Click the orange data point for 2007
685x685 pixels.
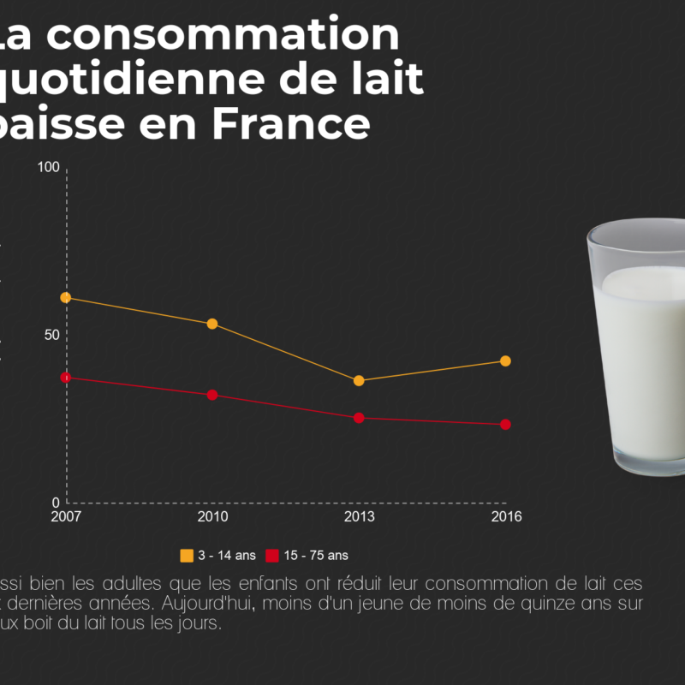pyautogui.click(x=65, y=297)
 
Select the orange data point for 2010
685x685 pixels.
pyautogui.click(x=212, y=324)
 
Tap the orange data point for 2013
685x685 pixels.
pyautogui.click(x=359, y=380)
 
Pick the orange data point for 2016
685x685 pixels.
pyautogui.click(x=505, y=360)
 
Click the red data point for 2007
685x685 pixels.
pyautogui.click(x=65, y=378)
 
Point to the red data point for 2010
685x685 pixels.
pyautogui.click(x=212, y=395)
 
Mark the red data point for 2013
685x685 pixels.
pyautogui.click(x=359, y=418)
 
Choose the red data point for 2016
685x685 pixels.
pyautogui.click(x=505, y=424)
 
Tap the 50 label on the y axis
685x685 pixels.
pyautogui.click(x=52, y=334)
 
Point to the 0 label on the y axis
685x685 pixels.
pyautogui.click(x=56, y=503)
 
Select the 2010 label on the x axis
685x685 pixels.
pyautogui.click(x=212, y=516)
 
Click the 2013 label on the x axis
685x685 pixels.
pyautogui.click(x=359, y=516)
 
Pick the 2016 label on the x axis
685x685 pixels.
pyautogui.click(x=505, y=516)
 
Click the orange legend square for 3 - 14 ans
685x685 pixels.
pyautogui.click(x=187, y=556)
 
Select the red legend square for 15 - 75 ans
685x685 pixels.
pyautogui.click(x=272, y=556)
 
